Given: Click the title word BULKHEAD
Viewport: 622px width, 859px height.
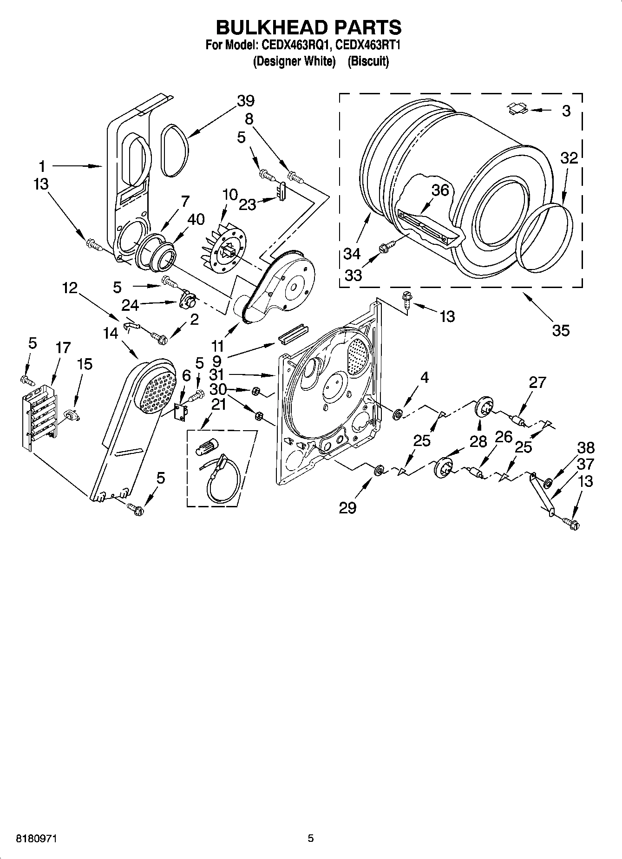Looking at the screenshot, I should [265, 27].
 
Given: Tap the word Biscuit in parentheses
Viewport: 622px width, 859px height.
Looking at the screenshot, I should [368, 61].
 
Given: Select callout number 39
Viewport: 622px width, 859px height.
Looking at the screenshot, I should [246, 101].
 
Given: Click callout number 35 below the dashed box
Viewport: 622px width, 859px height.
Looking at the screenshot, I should [561, 330].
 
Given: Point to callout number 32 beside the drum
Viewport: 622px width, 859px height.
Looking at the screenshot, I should [569, 158].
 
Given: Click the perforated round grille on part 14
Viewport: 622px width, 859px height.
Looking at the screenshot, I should [156, 391].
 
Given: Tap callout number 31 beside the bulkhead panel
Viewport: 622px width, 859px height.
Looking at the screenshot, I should [216, 374].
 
